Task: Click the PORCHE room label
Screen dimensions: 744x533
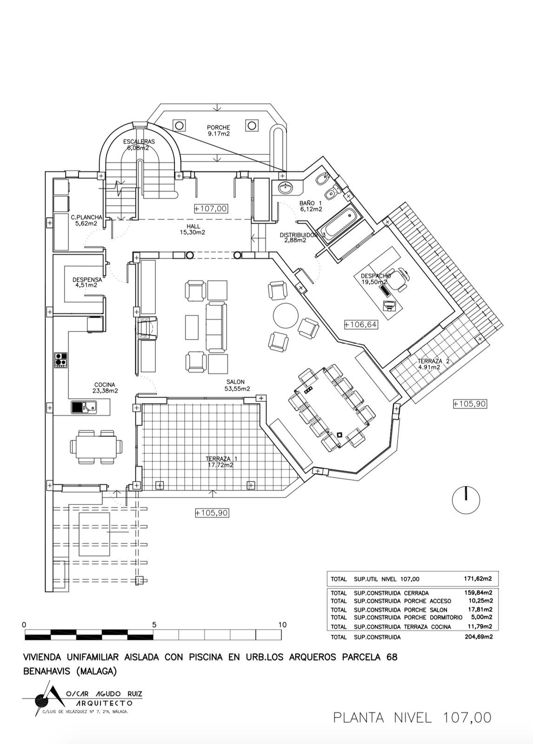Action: (218, 127)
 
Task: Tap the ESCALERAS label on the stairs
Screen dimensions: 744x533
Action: (139, 141)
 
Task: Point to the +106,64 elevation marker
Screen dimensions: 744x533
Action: (360, 325)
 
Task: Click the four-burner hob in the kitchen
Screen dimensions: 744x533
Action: (60, 360)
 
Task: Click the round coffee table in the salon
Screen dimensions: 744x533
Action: (286, 316)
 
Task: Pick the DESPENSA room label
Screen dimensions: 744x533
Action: (87, 279)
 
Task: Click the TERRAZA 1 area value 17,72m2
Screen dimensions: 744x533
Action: (219, 465)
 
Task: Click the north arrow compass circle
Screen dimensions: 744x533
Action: (466, 500)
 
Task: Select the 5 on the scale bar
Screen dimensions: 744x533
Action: (154, 624)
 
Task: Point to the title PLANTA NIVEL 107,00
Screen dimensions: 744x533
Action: (412, 717)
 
